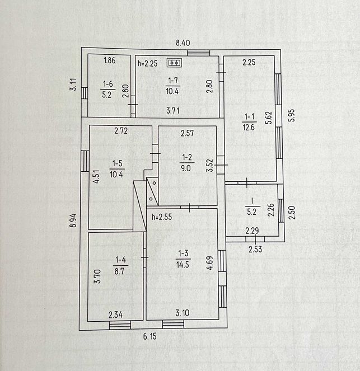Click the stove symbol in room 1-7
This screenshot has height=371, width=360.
click(175, 63)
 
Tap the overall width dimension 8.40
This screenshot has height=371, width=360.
click(183, 43)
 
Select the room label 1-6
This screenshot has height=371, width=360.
click(108, 84)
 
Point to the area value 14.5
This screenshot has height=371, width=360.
click(183, 265)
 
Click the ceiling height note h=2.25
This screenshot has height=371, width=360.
click(148, 63)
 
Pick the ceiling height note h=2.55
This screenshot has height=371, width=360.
click(162, 217)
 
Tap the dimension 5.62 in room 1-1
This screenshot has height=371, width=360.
click(269, 118)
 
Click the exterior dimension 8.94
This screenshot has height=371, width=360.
click(73, 220)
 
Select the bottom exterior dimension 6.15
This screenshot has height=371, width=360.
click(150, 336)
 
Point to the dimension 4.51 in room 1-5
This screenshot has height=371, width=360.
click(96, 177)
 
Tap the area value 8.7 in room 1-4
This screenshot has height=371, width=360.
click(119, 271)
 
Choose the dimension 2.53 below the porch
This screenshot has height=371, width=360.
click(255, 249)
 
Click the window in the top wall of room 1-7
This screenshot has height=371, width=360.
click(198, 53)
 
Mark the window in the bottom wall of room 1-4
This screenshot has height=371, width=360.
click(120, 325)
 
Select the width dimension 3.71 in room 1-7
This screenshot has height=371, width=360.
click(173, 110)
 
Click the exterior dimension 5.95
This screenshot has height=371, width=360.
click(292, 115)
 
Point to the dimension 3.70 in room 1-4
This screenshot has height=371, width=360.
click(97, 276)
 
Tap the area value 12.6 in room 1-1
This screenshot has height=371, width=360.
click(249, 128)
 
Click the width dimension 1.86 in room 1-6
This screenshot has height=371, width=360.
click(110, 60)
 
